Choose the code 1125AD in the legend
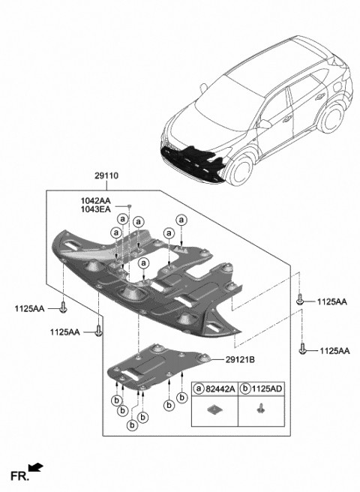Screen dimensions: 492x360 click(266, 389)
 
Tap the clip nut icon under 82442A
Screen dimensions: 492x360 click(215, 409)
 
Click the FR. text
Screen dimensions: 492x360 click(19, 475)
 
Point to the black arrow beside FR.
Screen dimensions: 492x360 click(36, 469)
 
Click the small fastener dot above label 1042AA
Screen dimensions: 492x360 click(129, 205)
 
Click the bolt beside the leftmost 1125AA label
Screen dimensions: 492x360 click(65, 308)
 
